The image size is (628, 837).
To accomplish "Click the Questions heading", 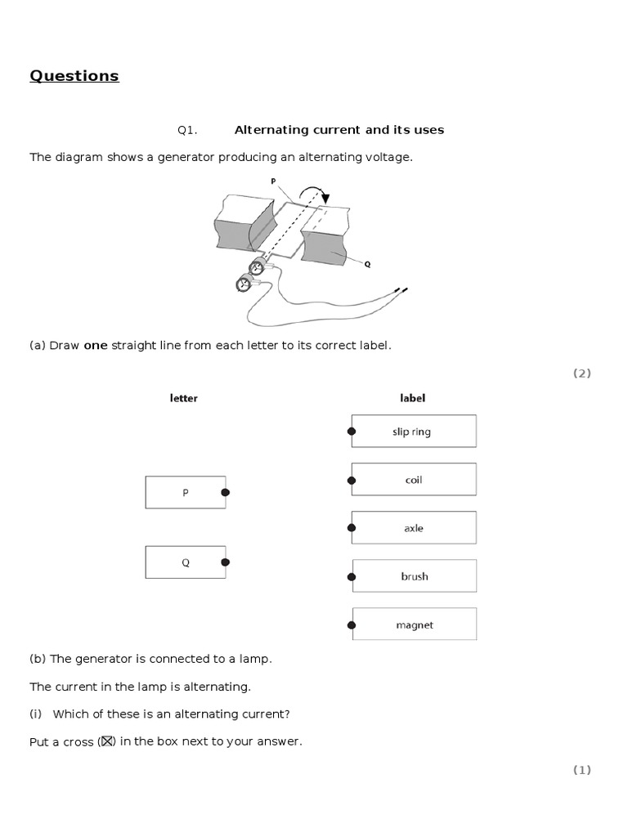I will tap(74, 76).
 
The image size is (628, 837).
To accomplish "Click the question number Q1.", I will tap(187, 130).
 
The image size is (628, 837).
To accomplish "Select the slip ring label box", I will tap(414, 432).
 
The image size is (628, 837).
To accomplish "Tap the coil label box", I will tap(414, 480).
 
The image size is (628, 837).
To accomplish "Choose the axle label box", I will tap(414, 528).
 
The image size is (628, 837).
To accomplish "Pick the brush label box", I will tap(414, 576).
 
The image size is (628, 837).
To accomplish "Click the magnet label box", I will tap(414, 625).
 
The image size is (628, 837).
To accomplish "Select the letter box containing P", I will tap(186, 493).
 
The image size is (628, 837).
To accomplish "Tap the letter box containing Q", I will tap(186, 562).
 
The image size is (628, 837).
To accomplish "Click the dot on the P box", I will tap(226, 493).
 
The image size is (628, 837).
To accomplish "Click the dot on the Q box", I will tap(226, 562).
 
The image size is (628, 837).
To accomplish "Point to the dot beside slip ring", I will tap(352, 432).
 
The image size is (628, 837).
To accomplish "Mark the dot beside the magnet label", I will tap(352, 625).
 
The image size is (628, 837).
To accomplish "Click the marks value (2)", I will tap(581, 374).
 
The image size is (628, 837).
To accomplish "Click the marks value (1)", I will tap(581, 770).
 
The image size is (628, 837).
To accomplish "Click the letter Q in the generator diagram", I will tap(367, 264).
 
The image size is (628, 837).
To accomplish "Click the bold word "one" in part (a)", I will tap(96, 346).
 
